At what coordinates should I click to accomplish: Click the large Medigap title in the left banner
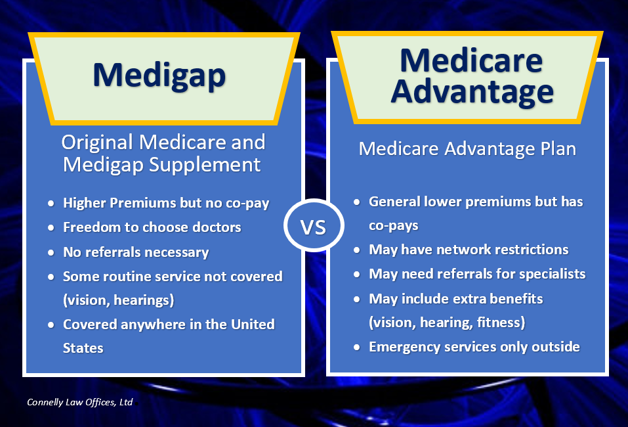[x=159, y=74]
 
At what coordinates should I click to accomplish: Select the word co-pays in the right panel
[x=394, y=225]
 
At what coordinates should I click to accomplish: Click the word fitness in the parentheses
[x=503, y=323]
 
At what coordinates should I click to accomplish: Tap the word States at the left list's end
[x=83, y=348]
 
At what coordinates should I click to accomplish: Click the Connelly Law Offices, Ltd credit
[x=79, y=401]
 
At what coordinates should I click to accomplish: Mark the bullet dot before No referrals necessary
[x=51, y=252]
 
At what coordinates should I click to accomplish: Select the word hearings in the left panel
[x=144, y=300]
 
